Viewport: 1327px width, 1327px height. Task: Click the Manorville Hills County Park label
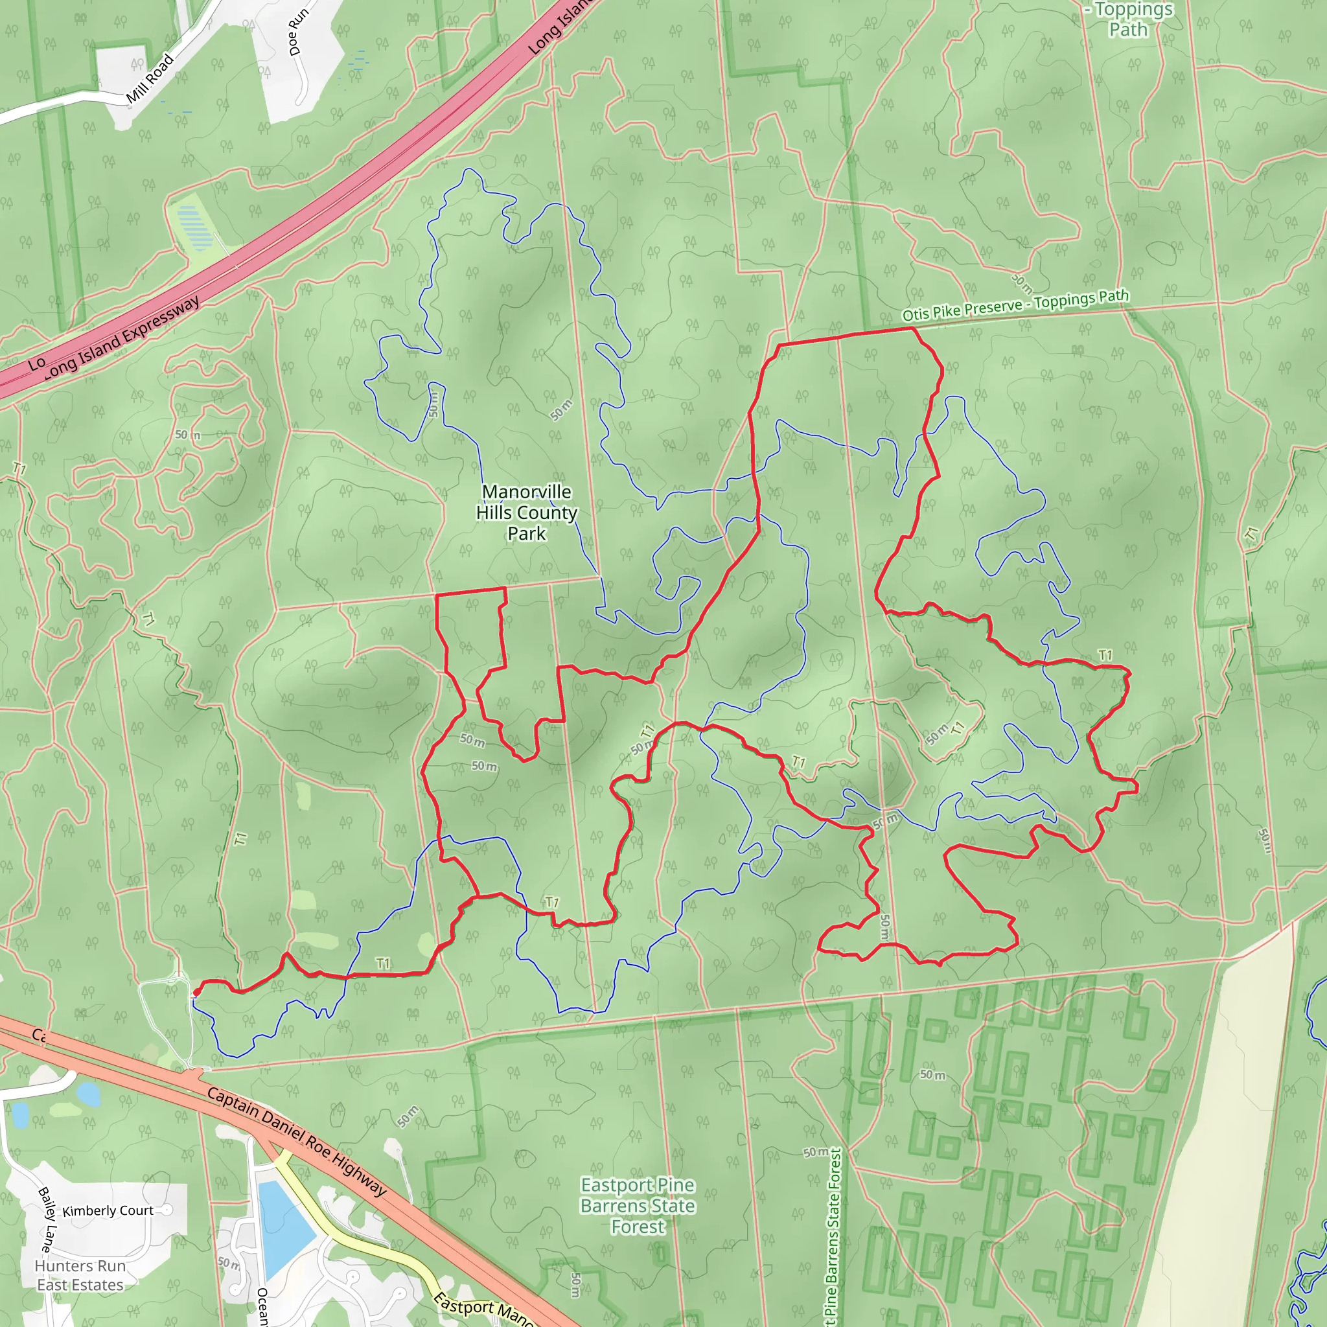526,513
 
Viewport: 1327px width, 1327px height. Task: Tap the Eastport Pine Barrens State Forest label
638,1205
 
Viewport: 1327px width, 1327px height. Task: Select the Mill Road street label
150,79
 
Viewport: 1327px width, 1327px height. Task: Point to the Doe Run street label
299,32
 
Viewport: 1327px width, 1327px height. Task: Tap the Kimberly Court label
108,1210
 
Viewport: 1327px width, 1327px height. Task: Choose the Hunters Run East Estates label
80,1275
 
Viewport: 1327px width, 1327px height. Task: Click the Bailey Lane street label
48,1220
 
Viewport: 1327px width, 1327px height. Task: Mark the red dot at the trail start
196,992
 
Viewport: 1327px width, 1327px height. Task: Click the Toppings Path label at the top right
1128,19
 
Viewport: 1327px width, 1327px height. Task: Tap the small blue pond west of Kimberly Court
89,1095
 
